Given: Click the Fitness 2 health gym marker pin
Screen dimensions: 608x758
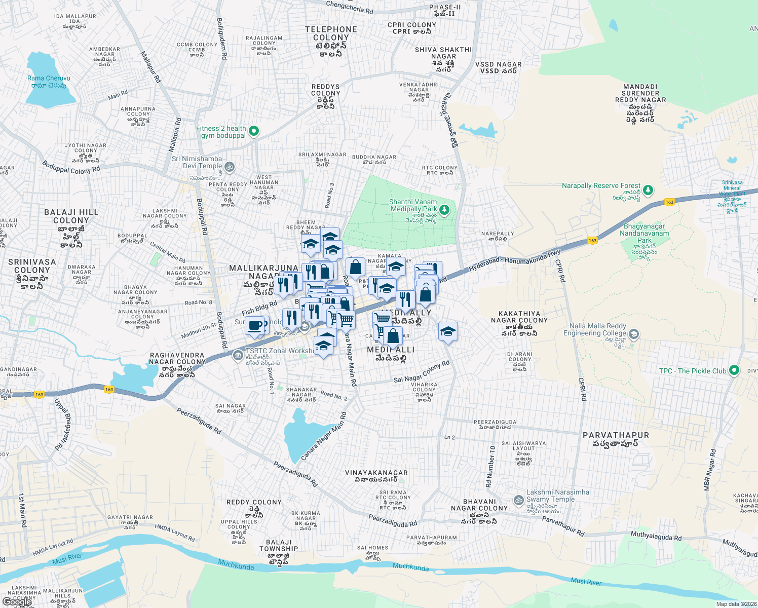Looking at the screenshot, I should pyautogui.click(x=254, y=132).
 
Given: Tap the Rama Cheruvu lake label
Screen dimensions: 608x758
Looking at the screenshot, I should pyautogui.click(x=49, y=79).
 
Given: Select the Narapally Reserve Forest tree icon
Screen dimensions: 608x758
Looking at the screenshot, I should pyautogui.click(x=648, y=191).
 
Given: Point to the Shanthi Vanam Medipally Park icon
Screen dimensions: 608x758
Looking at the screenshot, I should pyautogui.click(x=444, y=209).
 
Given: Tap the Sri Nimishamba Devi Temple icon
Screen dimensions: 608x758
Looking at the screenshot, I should pyautogui.click(x=230, y=166).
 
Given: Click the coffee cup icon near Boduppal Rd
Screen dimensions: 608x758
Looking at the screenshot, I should pyautogui.click(x=255, y=325).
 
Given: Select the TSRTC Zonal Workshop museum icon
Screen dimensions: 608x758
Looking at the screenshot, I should pyautogui.click(x=238, y=356).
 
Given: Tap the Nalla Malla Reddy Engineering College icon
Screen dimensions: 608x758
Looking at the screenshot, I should pyautogui.click(x=634, y=334).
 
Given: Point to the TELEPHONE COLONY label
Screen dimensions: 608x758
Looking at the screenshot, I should pyautogui.click(x=331, y=33).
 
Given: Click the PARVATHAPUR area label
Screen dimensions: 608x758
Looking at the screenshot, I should pyautogui.click(x=616, y=435).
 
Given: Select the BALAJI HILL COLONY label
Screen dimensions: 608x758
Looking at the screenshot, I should pyautogui.click(x=71, y=216).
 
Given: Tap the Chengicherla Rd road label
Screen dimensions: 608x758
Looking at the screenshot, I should pyautogui.click(x=350, y=7).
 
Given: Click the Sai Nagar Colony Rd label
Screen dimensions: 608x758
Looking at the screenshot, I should pyautogui.click(x=422, y=372).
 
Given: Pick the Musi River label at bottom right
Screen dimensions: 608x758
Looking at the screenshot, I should pyautogui.click(x=586, y=582).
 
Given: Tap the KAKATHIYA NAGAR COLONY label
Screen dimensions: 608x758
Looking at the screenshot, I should pyautogui.click(x=519, y=317).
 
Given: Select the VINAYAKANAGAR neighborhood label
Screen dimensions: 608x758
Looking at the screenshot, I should pyautogui.click(x=376, y=473).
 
